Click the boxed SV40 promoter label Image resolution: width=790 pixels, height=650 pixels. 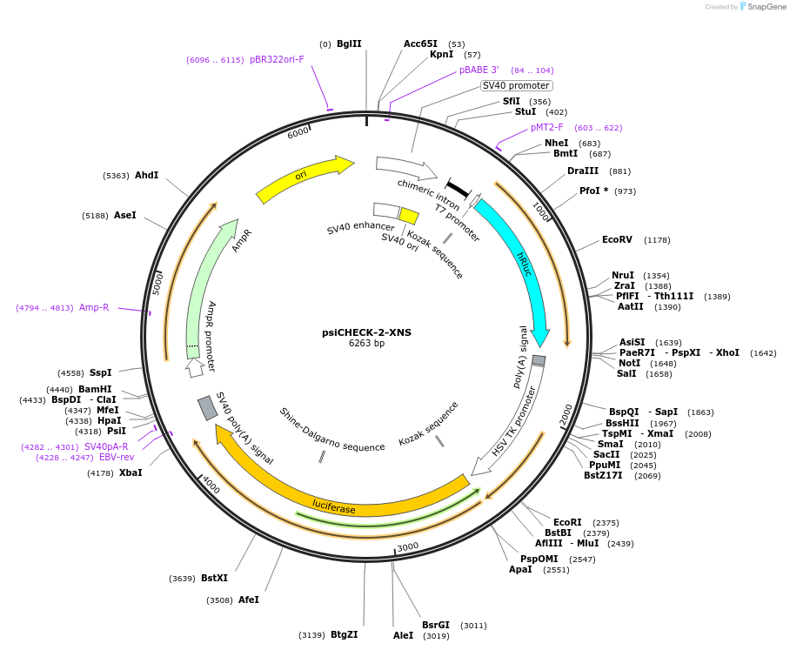click(x=516, y=85)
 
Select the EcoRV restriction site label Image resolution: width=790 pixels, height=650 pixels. click(x=617, y=240)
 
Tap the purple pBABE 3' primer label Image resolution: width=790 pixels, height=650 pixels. click(x=479, y=70)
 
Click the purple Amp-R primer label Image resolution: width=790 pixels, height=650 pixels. click(x=94, y=307)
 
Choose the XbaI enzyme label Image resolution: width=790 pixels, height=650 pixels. click(x=131, y=472)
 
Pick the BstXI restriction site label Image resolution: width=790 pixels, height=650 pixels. click(x=214, y=578)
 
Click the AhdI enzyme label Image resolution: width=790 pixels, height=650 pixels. click(x=146, y=175)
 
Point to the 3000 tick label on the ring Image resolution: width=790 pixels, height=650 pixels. click(x=408, y=546)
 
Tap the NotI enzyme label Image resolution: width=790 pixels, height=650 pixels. click(x=629, y=363)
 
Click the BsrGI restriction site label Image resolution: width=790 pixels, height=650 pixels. click(x=436, y=625)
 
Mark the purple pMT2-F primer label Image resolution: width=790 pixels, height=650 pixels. click(x=547, y=128)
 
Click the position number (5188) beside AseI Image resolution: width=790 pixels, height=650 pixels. click(x=95, y=216)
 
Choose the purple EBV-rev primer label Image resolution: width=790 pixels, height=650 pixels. click(x=117, y=457)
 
